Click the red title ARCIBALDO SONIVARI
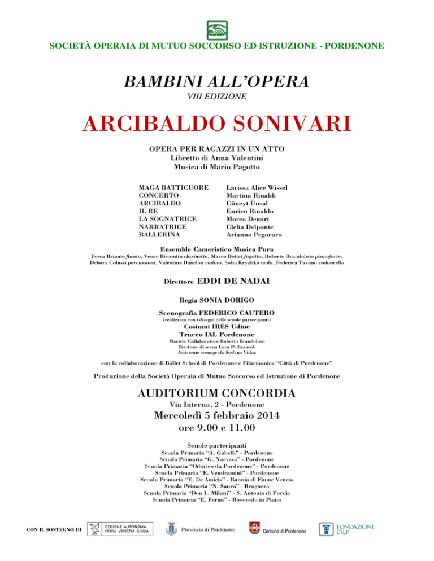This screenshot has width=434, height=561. point(217,122)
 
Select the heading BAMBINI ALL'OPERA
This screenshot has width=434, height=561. point(217,81)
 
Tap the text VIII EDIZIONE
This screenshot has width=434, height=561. point(217,97)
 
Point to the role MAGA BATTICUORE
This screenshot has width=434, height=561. point(173,187)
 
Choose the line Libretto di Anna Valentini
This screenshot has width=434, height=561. point(217,159)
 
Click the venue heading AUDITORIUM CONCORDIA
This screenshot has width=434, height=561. point(217,393)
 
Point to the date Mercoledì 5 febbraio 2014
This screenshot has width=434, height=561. point(217,417)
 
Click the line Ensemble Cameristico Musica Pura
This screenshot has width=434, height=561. point(217,249)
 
